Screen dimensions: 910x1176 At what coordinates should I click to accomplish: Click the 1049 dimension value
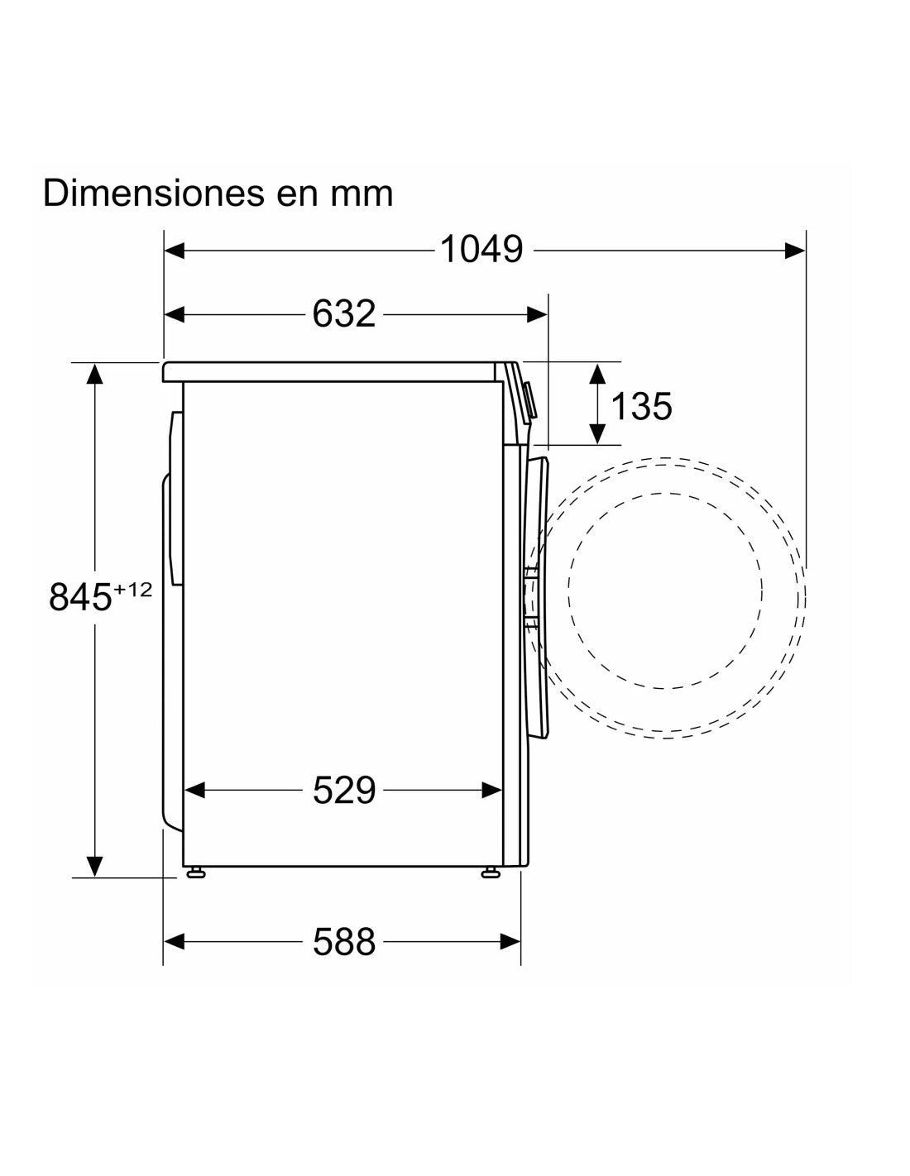pos(481,250)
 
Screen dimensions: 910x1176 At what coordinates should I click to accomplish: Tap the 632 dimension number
pos(344,314)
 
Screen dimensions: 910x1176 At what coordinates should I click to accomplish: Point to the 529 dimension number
pos(344,790)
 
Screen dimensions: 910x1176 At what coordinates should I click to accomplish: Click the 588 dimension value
pos(344,942)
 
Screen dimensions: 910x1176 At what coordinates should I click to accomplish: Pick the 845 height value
pos(81,597)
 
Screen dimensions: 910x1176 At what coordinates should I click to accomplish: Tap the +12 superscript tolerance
pos(132,589)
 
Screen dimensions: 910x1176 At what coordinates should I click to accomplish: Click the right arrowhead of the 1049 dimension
pos(795,250)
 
